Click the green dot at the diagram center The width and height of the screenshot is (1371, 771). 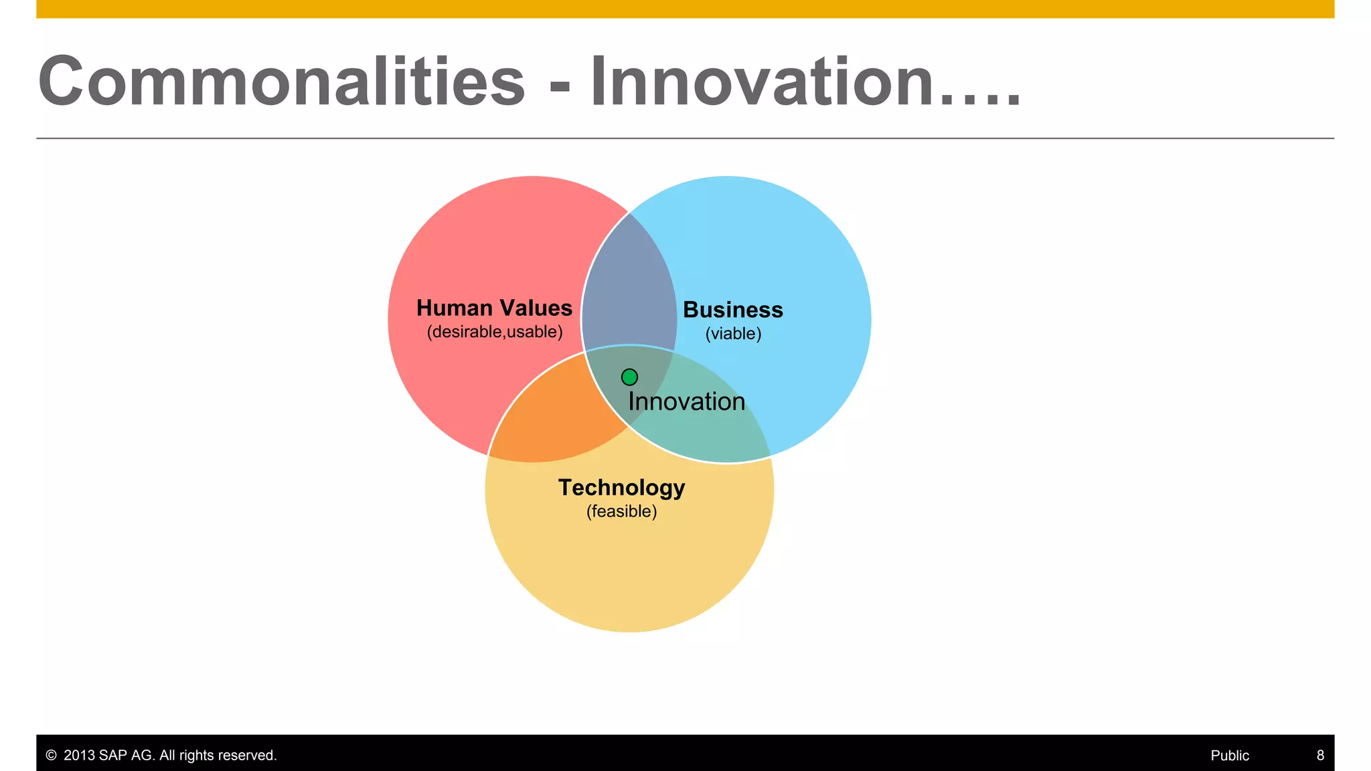click(x=629, y=377)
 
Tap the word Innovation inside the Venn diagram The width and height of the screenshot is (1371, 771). click(x=686, y=402)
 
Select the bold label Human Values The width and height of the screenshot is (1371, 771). click(x=494, y=308)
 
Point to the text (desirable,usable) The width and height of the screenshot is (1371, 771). click(x=495, y=332)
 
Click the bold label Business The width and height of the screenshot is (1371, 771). click(x=733, y=310)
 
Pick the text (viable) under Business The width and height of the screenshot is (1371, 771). click(x=733, y=334)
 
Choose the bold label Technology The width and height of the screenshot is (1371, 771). click(x=621, y=487)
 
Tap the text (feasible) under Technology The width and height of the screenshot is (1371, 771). click(x=621, y=511)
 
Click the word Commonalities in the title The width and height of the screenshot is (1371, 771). click(x=282, y=82)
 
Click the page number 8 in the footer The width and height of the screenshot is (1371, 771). click(x=1320, y=756)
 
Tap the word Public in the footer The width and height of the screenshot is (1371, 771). click(x=1230, y=756)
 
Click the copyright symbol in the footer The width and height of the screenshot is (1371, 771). click(x=51, y=756)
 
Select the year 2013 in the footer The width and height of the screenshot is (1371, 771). click(x=79, y=756)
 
